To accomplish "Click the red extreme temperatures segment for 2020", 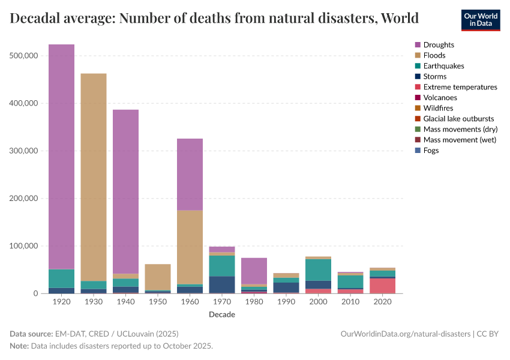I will (x=382, y=286).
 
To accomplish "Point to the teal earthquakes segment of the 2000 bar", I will (x=318, y=270).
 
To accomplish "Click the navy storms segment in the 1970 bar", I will (x=222, y=284).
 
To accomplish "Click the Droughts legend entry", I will (x=439, y=45).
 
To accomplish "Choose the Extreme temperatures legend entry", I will (x=460, y=87).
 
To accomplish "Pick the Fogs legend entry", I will (x=431, y=151).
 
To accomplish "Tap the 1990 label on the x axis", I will (x=286, y=302).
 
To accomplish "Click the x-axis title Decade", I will (x=222, y=315).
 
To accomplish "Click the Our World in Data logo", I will (x=481, y=19).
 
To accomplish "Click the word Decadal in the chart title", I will (x=33, y=18).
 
